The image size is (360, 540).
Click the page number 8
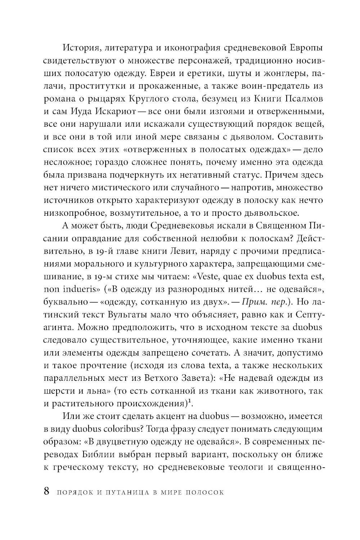(46, 491)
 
